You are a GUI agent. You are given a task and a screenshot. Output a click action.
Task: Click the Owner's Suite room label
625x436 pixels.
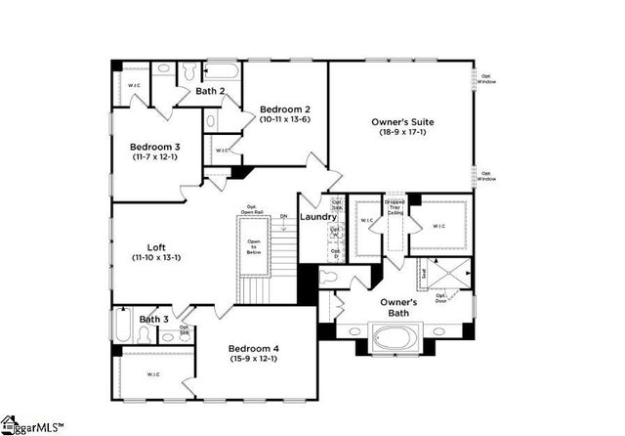(x=402, y=122)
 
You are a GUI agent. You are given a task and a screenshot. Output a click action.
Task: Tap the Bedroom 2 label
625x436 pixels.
(x=285, y=109)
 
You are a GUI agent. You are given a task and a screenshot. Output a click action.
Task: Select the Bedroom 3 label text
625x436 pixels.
(x=155, y=147)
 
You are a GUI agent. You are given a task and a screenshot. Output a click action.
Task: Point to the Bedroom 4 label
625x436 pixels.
(x=254, y=349)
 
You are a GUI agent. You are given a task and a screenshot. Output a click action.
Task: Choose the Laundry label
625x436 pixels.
(x=318, y=217)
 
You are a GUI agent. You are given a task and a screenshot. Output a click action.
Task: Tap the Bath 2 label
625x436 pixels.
(x=210, y=91)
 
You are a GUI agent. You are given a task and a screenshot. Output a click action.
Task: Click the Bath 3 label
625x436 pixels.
(x=153, y=320)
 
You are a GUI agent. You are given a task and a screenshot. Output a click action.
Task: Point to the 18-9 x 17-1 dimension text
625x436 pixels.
(x=402, y=132)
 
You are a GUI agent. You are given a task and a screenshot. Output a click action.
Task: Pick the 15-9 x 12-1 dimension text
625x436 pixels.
(x=254, y=359)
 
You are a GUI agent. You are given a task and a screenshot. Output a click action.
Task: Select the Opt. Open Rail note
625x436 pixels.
(x=252, y=209)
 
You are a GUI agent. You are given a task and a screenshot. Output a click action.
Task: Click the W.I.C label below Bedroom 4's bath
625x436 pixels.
(x=153, y=374)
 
